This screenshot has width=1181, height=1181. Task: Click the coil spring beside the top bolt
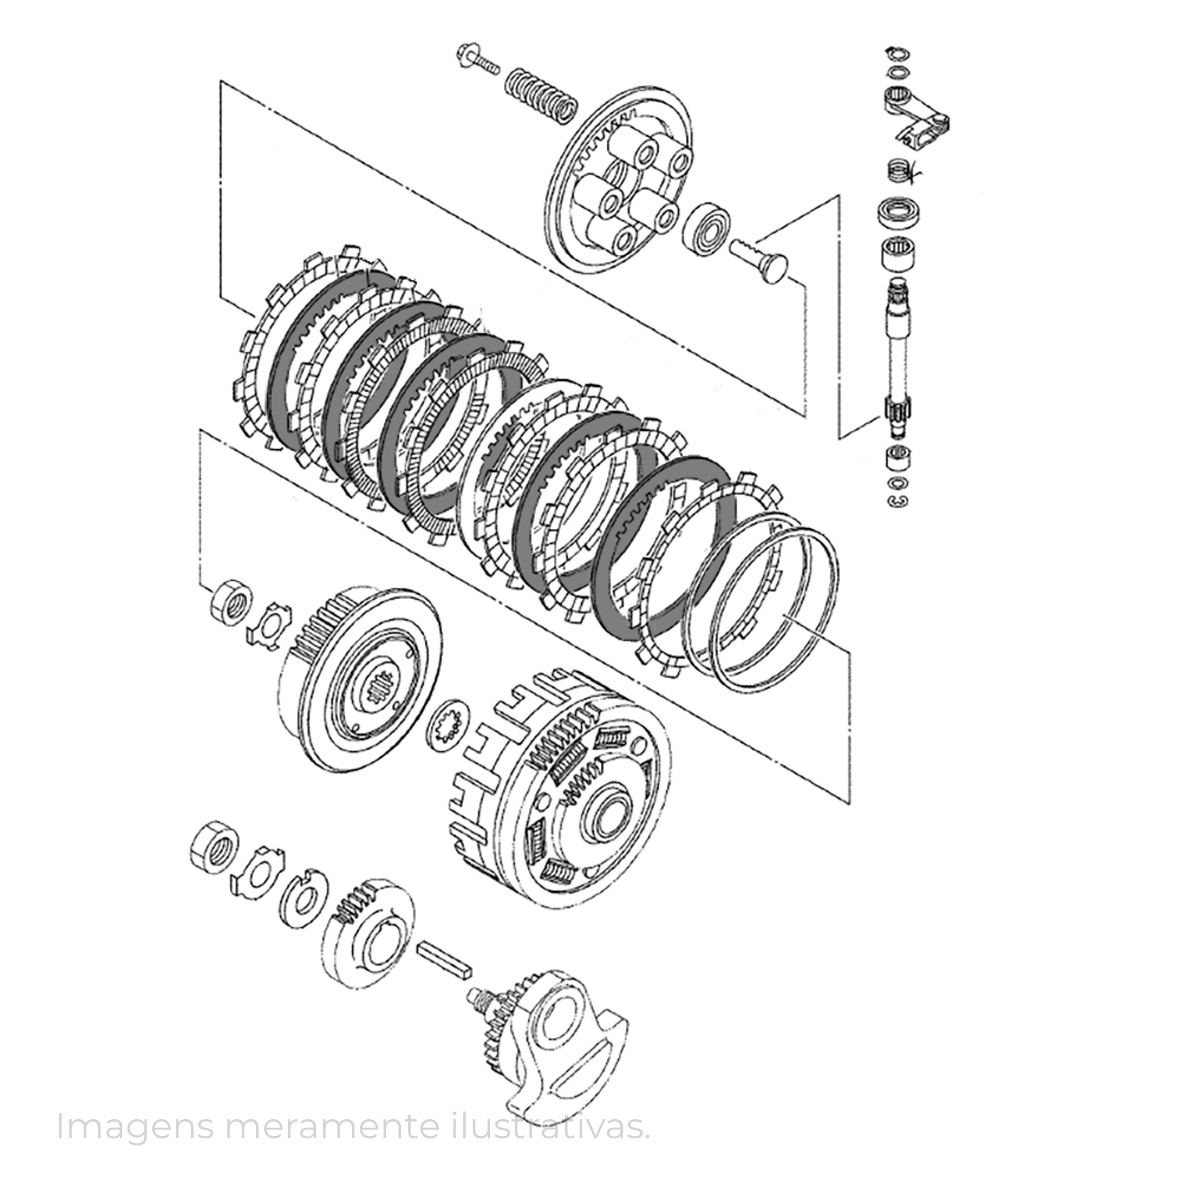(x=541, y=96)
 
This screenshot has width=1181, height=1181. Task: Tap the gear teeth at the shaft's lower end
(x=898, y=408)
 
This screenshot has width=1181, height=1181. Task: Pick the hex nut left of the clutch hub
(x=232, y=603)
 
